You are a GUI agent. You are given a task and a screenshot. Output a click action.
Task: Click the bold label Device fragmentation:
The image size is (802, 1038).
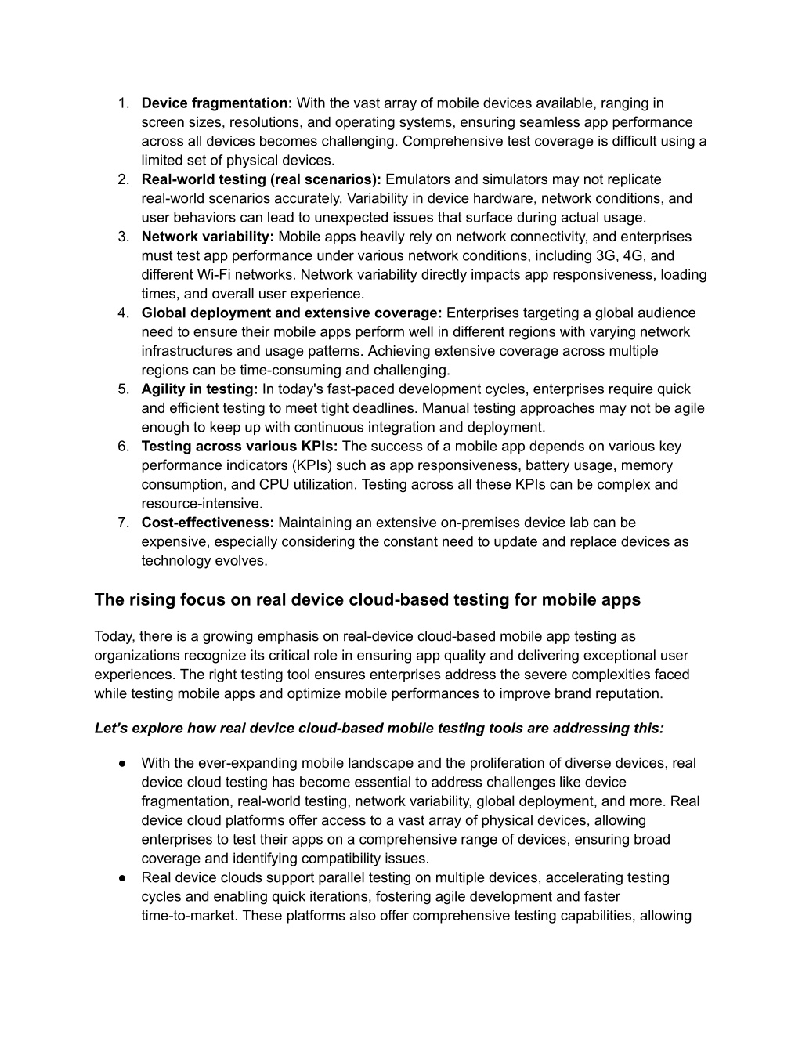tap(217, 103)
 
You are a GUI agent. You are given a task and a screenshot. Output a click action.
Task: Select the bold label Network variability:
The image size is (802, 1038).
tap(208, 237)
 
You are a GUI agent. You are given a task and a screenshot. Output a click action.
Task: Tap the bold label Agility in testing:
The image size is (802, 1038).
tap(200, 389)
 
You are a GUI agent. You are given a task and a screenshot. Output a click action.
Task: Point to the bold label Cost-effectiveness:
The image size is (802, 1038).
tap(208, 523)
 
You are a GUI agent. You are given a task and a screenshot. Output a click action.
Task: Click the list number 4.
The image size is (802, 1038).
tap(124, 313)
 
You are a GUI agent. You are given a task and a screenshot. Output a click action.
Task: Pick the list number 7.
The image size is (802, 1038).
tap(124, 523)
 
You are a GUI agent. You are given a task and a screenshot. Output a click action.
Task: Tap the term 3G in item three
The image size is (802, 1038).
tap(587, 256)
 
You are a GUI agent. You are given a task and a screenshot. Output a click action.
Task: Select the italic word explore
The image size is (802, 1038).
tap(156, 729)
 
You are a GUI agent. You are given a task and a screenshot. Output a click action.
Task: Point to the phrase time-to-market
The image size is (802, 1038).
tap(188, 916)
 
